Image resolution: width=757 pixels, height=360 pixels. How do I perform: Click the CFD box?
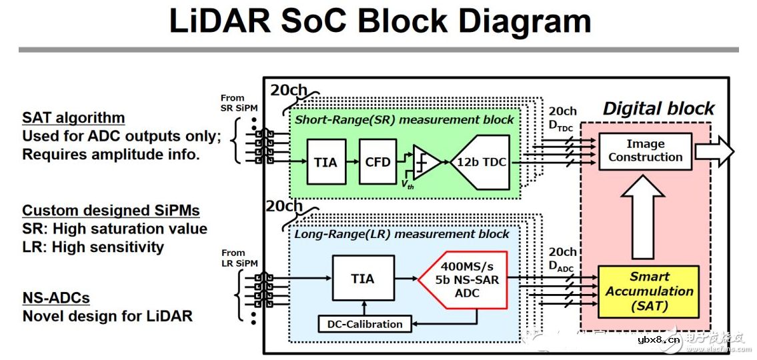pyautogui.click(x=377, y=161)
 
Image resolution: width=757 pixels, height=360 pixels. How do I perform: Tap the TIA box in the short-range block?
pyautogui.click(x=326, y=161)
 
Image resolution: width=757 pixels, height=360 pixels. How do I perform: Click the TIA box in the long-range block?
pyautogui.click(x=363, y=279)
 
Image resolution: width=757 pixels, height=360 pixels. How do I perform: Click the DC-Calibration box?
pyautogui.click(x=365, y=324)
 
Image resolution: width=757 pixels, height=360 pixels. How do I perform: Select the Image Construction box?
pyautogui.click(x=645, y=151)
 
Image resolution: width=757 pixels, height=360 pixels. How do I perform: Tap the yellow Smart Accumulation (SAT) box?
pyautogui.click(x=649, y=291)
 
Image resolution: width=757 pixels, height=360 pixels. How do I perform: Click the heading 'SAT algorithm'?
pyautogui.click(x=73, y=118)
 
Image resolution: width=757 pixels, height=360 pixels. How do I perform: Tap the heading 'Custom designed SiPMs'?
pyautogui.click(x=111, y=211)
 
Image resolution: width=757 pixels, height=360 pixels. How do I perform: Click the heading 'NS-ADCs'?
pyautogui.click(x=56, y=297)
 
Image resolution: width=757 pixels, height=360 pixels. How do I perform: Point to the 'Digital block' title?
pyautogui.click(x=658, y=109)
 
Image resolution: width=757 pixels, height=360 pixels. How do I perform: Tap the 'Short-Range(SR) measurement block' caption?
pyautogui.click(x=404, y=119)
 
